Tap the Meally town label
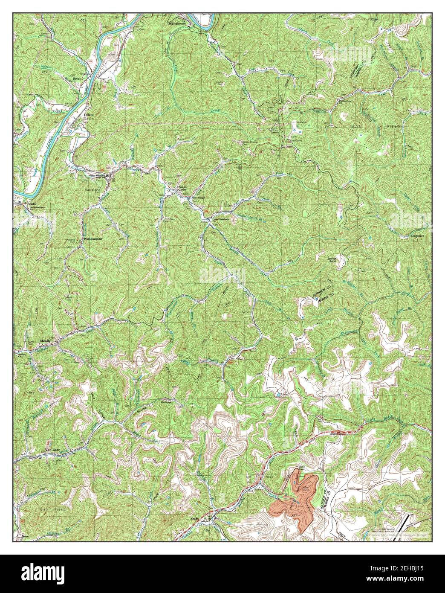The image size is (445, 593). tap(45, 340)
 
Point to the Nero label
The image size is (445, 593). tap(24, 535)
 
